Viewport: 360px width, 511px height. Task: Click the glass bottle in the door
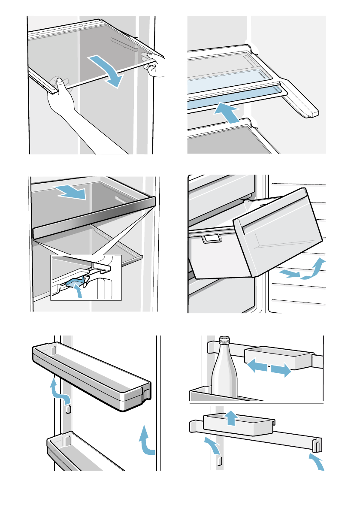224,373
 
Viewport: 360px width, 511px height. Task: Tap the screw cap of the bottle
224,341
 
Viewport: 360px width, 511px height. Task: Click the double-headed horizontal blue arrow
269,368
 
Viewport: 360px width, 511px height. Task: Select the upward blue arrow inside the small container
231,417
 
